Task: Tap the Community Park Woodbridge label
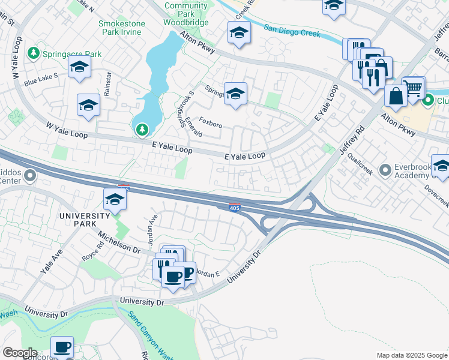tap(186, 14)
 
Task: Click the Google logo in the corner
tap(20, 353)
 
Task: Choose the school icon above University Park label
tap(114, 200)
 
